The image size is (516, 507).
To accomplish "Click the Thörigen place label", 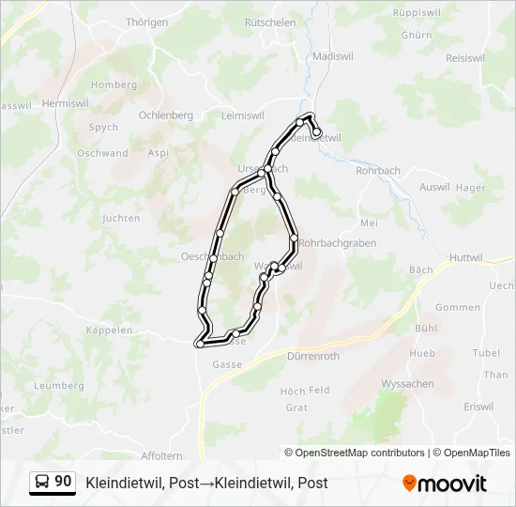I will [x=146, y=22].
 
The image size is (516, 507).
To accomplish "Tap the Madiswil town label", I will [x=331, y=56].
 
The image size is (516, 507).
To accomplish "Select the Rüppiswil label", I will [x=417, y=14].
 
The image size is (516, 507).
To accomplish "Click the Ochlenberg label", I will [x=165, y=115].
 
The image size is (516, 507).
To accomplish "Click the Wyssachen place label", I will [x=408, y=384].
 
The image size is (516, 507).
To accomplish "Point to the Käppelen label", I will [x=108, y=330].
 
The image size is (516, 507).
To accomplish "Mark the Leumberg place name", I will [x=58, y=385].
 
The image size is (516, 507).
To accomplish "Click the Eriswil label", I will [x=478, y=406].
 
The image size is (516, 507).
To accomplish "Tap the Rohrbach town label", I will [x=379, y=171].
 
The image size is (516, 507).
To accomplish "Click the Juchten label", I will [x=121, y=218].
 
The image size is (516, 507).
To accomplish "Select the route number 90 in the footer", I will [x=63, y=481].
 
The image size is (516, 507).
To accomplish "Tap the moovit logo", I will [x=445, y=483].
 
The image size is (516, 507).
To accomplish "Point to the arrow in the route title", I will [x=205, y=483].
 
